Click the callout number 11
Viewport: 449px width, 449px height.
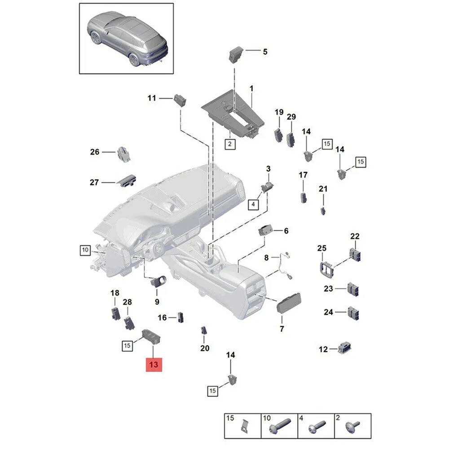click(152, 97)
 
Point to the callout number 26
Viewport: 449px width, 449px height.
click(95, 152)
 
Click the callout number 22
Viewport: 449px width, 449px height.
click(355, 236)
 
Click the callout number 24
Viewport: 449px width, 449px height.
click(329, 312)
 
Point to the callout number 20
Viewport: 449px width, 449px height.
click(205, 348)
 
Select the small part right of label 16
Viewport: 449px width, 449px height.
click(180, 317)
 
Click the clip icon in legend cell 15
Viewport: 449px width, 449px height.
click(244, 426)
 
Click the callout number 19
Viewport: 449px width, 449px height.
click(279, 112)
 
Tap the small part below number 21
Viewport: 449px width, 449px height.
click(323, 210)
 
